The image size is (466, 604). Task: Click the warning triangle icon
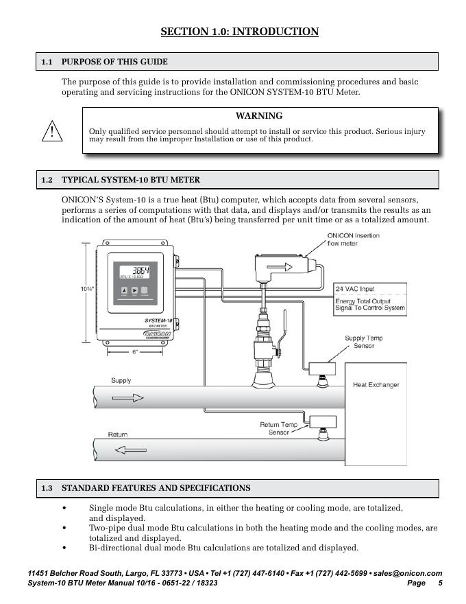click(52, 130)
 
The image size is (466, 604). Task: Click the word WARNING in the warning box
click(259, 116)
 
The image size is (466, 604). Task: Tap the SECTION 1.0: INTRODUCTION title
click(239, 32)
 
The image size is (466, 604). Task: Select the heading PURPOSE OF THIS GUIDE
click(114, 62)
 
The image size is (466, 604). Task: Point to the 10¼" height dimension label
click(86, 289)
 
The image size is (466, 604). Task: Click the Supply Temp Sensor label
click(364, 342)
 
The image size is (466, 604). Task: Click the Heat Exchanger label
click(376, 385)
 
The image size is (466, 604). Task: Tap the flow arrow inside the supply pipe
click(128, 397)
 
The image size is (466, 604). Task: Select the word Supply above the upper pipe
click(121, 380)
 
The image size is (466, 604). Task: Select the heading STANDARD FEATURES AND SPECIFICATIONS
click(156, 488)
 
